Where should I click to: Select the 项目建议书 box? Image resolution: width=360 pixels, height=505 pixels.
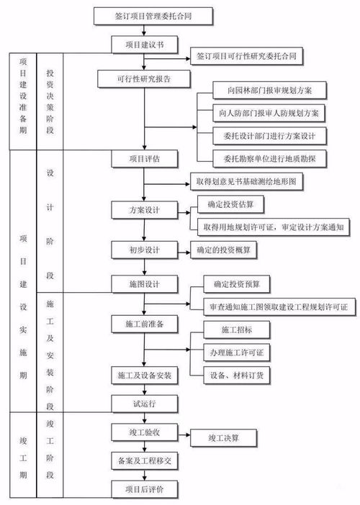pyautogui.click(x=144, y=45)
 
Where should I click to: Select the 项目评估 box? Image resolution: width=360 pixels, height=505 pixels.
pyautogui.click(x=144, y=158)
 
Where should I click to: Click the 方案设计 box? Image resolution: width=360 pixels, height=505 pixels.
pyautogui.click(x=144, y=210)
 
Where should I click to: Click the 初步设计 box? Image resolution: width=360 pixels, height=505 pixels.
pyautogui.click(x=144, y=250)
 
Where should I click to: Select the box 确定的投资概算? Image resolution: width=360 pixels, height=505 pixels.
pyautogui.click(x=222, y=250)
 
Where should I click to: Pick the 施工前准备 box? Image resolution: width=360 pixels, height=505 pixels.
pyautogui.click(x=144, y=324)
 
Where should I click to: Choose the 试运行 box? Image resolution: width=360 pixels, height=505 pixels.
pyautogui.click(x=144, y=404)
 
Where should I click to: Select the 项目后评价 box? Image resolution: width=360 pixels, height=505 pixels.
pyautogui.click(x=144, y=489)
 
